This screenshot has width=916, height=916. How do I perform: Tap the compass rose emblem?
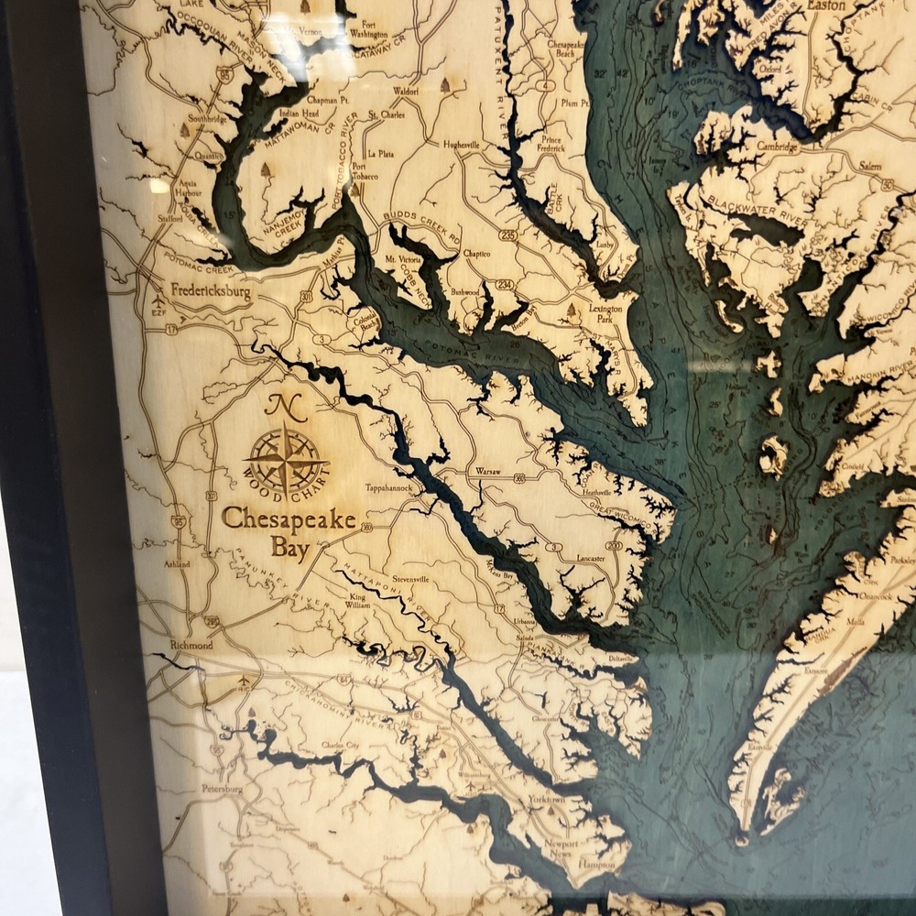point(287,458)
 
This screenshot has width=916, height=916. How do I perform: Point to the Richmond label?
point(191,646)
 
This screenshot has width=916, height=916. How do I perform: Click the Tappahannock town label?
point(391,488)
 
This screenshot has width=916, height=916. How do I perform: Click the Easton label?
point(824,5)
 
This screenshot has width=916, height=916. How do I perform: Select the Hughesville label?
point(461,145)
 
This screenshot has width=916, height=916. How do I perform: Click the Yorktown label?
point(547,800)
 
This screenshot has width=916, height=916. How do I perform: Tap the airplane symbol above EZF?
point(161,300)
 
